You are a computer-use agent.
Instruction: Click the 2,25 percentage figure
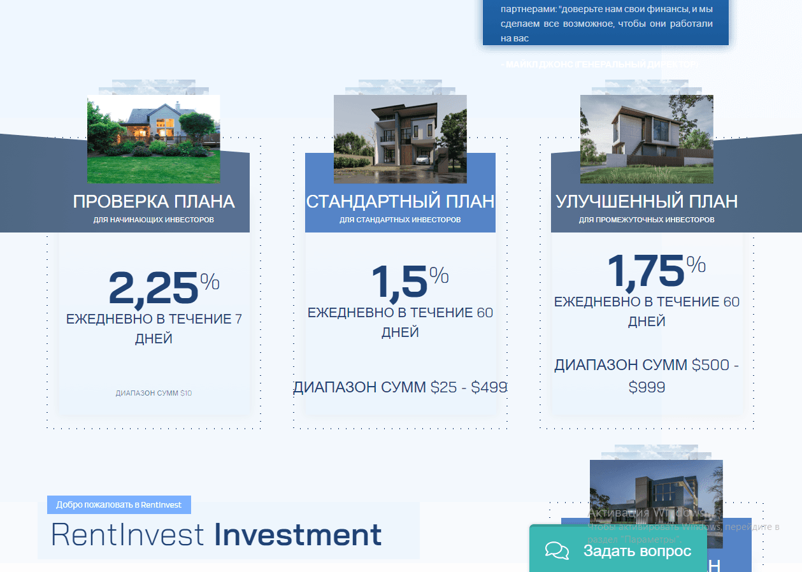pos(154,289)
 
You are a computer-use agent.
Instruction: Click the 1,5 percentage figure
pos(399,282)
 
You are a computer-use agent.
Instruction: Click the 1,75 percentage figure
pos(645,271)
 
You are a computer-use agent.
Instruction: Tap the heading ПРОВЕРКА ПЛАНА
pos(154,202)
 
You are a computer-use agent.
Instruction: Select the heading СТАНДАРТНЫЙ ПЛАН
pos(400,202)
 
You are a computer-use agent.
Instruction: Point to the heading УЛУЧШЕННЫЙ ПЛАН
pos(647,202)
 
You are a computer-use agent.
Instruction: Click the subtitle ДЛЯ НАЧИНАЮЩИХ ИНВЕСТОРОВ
pos(154,220)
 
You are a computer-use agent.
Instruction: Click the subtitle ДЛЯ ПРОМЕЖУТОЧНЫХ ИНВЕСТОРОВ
pos(647,220)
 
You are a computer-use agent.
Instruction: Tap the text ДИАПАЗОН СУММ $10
pos(154,393)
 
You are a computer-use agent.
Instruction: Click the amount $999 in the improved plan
pos(647,387)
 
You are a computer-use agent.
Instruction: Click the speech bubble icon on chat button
pos(557,551)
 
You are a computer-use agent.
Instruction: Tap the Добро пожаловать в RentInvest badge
pos(118,504)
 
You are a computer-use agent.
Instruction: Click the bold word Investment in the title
pos(297,535)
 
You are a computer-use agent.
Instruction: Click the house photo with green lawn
pos(154,139)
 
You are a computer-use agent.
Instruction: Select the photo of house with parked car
pos(400,139)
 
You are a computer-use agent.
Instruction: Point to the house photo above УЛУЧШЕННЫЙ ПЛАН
pos(647,139)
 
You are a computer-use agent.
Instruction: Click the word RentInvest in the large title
pos(127,535)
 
